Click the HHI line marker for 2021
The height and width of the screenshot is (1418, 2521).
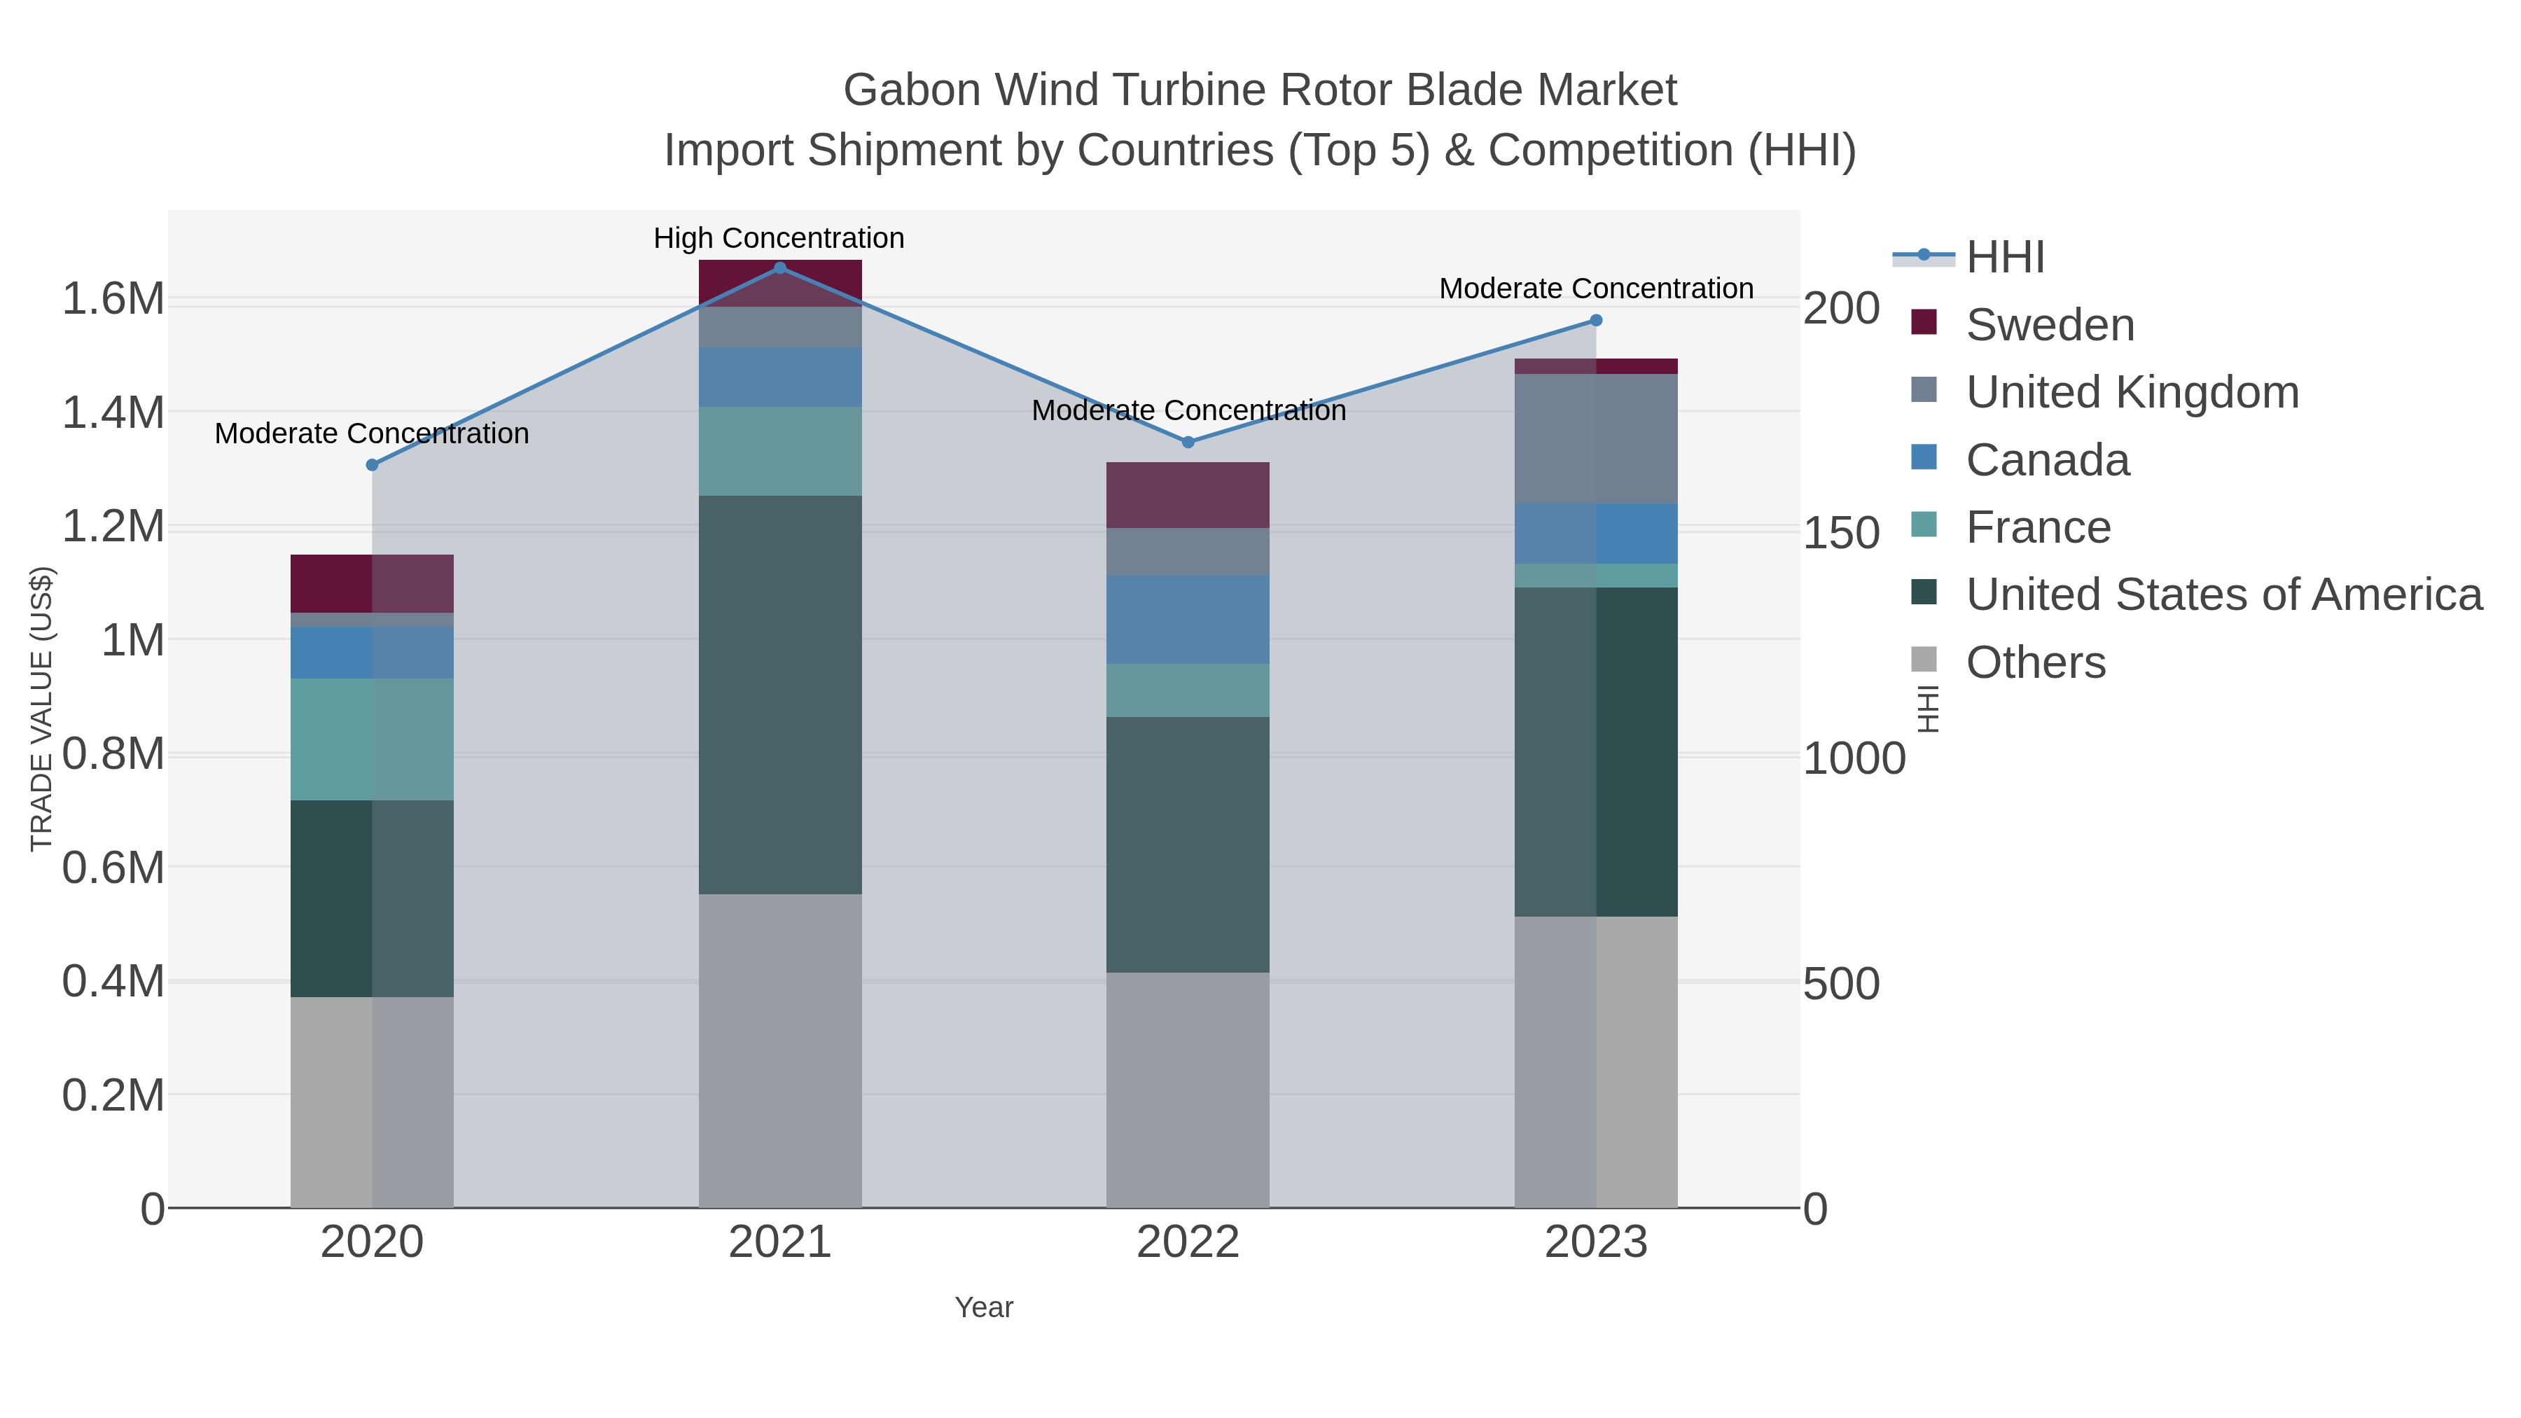(x=780, y=268)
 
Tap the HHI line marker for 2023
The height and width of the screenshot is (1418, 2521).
(x=1596, y=320)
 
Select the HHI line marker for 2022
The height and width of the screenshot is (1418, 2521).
(x=1188, y=443)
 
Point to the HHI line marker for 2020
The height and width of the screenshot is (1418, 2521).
(x=372, y=465)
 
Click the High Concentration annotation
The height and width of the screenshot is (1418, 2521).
(x=779, y=238)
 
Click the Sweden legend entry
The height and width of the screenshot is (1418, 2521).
(x=2049, y=325)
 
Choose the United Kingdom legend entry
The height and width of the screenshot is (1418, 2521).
(x=2132, y=392)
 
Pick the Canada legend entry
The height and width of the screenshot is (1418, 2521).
(x=2048, y=460)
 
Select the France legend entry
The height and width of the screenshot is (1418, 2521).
(x=2038, y=527)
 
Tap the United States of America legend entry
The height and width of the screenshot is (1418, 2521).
(x=2223, y=595)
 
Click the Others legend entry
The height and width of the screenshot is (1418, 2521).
(x=2036, y=662)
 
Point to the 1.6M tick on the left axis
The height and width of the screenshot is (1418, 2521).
(x=113, y=298)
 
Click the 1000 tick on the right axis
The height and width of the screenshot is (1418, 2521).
(x=1854, y=758)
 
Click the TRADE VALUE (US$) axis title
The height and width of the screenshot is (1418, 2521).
(x=41, y=709)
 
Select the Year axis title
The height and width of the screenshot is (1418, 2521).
(x=984, y=1307)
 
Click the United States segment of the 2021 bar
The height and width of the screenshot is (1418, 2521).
(x=780, y=695)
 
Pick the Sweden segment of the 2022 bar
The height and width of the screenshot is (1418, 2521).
(x=1188, y=495)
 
